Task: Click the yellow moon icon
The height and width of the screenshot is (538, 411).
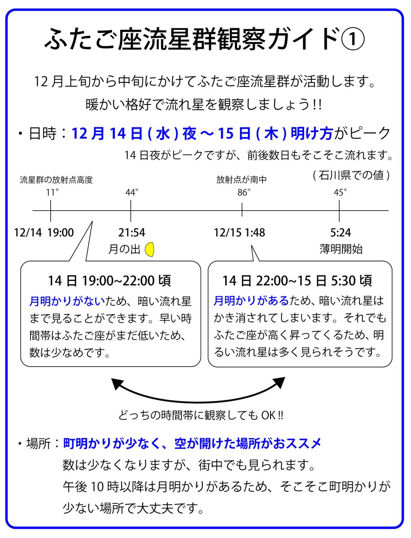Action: pyautogui.click(x=150, y=249)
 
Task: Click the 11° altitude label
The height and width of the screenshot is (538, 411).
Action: pyautogui.click(x=52, y=192)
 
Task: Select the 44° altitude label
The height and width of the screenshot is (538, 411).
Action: pyautogui.click(x=132, y=192)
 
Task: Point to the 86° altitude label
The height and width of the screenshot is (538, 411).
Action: pyautogui.click(x=244, y=192)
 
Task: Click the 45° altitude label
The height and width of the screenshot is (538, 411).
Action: pyautogui.click(x=340, y=192)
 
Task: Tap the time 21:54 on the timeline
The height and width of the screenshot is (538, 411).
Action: pyautogui.click(x=131, y=233)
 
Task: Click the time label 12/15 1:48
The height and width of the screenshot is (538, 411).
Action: pyautogui.click(x=239, y=233)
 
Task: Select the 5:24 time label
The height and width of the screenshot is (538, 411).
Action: pyautogui.click(x=340, y=233)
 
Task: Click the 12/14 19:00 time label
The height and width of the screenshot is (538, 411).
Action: pyautogui.click(x=44, y=233)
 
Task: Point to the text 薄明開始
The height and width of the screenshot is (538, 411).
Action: pyautogui.click(x=341, y=249)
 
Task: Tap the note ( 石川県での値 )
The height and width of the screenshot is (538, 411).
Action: pyautogui.click(x=350, y=175)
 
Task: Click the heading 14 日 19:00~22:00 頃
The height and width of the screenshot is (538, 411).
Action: pyautogui.click(x=109, y=281)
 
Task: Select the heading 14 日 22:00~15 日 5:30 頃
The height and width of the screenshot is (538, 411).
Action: pyautogui.click(x=297, y=281)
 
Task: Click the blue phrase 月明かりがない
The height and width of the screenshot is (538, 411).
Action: pyautogui.click(x=67, y=300)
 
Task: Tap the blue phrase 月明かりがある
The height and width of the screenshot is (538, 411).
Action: pyautogui.click(x=251, y=300)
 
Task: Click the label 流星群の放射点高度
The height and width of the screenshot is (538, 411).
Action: pyautogui.click(x=56, y=180)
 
